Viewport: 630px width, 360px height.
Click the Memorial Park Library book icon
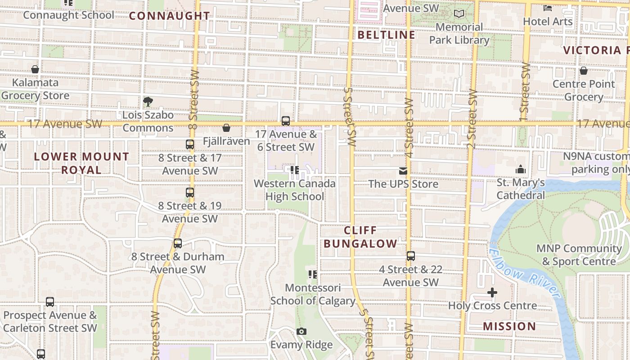(459, 14)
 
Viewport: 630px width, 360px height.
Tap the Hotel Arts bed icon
(548, 8)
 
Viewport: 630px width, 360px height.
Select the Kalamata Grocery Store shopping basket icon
(35, 69)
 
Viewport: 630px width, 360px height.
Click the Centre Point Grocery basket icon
(584, 71)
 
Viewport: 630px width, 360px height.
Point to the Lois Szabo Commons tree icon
(148, 102)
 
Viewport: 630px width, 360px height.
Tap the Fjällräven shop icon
(226, 128)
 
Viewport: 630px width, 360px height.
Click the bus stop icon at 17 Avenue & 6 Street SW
(286, 121)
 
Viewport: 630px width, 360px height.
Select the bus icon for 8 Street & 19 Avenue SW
(190, 193)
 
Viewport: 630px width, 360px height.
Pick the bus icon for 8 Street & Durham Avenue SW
(178, 243)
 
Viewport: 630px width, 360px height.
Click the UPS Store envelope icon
(403, 171)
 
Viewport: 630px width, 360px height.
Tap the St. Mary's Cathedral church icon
(521, 170)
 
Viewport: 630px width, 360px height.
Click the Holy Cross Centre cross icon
(492, 292)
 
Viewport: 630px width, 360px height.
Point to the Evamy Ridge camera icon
(301, 332)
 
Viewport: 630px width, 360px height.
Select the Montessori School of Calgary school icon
(313, 274)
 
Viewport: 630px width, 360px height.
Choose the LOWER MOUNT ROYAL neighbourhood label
(81, 163)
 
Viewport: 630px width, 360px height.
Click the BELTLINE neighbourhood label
(386, 35)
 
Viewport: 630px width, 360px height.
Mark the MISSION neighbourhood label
(509, 326)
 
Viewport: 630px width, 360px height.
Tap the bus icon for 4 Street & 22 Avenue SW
(411, 256)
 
